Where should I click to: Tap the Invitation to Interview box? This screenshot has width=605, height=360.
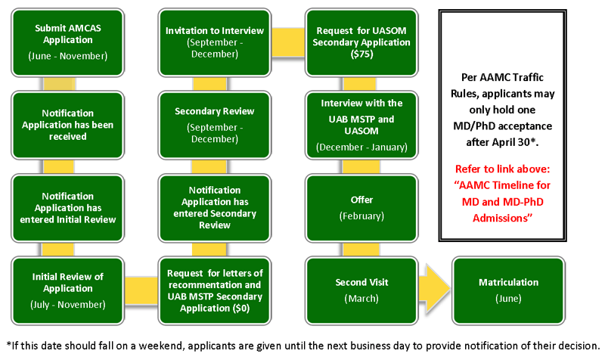click(215, 42)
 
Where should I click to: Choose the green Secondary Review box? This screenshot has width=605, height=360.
click(215, 125)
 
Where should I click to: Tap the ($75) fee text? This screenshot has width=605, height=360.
click(361, 54)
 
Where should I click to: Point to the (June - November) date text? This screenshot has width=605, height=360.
click(68, 55)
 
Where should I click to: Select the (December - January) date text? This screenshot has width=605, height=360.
click(361, 146)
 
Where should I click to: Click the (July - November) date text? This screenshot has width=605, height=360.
click(68, 304)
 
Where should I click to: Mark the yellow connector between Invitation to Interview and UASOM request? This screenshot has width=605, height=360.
click(288, 35)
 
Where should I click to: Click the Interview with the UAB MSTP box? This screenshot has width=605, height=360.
click(361, 125)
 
